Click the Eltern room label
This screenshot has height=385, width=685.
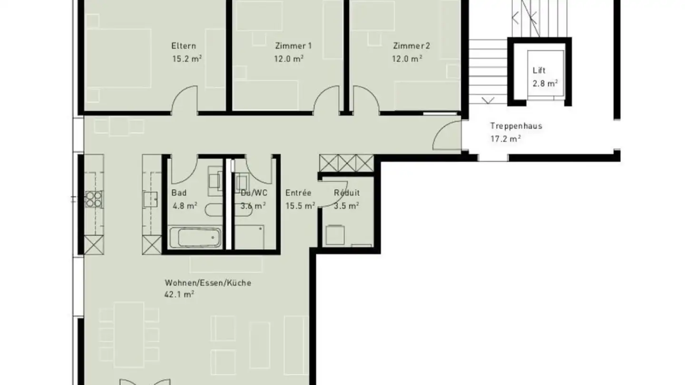click(x=184, y=46)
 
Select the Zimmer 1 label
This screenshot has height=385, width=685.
click(x=294, y=46)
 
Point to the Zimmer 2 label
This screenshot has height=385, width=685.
click(x=411, y=46)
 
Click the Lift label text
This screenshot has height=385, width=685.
click(x=539, y=70)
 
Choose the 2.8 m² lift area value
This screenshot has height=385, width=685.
click(x=545, y=83)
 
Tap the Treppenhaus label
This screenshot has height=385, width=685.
click(x=516, y=126)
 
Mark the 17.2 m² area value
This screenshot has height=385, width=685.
click(x=505, y=139)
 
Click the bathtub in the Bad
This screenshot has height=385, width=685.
click(x=195, y=238)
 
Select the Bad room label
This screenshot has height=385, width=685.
click(x=179, y=193)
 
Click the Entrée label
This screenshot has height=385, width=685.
click(x=298, y=193)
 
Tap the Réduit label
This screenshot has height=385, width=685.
click(x=346, y=193)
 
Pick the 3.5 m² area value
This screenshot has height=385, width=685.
click(x=346, y=205)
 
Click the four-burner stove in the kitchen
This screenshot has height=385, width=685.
click(x=94, y=198)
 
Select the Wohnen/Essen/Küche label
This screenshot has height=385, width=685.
click(x=208, y=283)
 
